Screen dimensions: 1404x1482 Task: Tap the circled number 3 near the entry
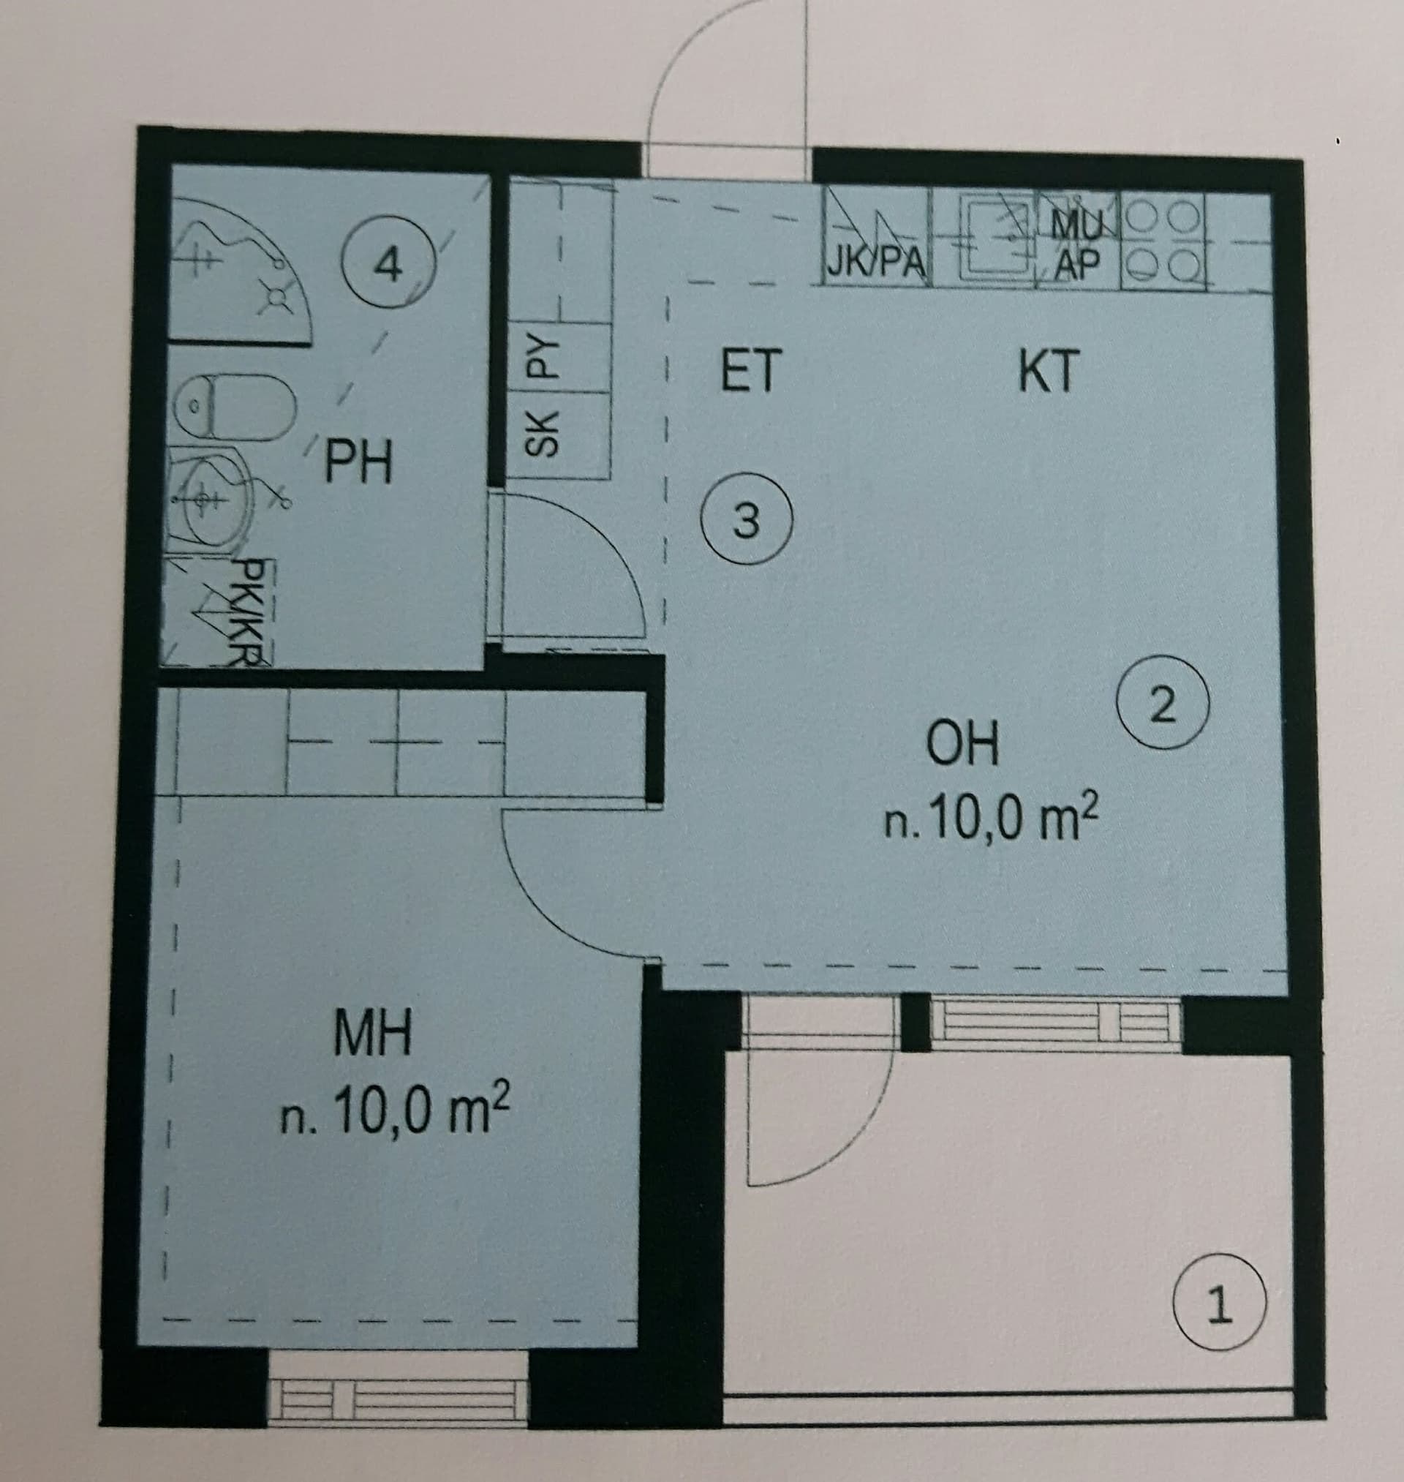745,518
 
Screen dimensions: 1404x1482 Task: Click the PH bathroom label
358,461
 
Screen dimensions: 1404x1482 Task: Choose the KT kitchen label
1049,370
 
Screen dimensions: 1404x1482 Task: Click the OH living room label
962,743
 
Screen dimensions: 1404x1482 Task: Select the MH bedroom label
372,1032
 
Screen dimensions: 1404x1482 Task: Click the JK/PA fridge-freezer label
876,262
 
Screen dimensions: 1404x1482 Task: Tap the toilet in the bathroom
233,407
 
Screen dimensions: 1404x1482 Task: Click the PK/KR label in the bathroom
245,611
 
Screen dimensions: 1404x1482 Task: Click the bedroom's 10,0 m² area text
394,1112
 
